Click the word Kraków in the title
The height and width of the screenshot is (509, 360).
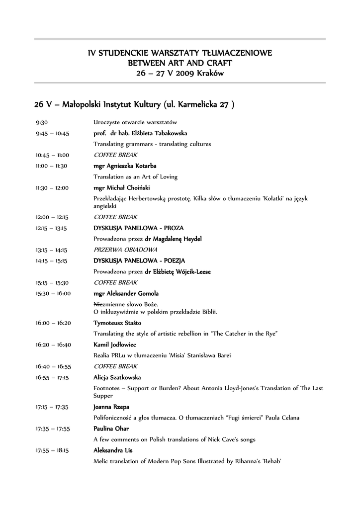210,73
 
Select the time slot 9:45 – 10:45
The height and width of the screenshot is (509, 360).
52,133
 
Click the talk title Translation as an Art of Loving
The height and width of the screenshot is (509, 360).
135,176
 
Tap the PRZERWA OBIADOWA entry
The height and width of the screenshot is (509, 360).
125,250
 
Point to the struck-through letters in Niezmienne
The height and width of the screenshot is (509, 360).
98,304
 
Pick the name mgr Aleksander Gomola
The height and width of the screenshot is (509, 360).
126,293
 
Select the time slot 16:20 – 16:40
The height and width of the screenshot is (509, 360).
53,344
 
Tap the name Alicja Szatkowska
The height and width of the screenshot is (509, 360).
117,377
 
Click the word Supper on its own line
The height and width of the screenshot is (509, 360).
103,396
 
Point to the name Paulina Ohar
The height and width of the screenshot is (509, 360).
111,428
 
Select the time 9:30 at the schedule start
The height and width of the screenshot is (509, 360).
41,122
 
